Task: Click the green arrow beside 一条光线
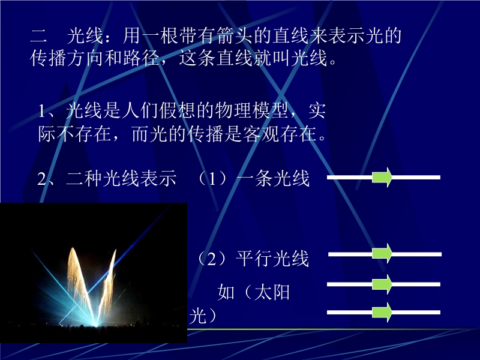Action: click(x=382, y=177)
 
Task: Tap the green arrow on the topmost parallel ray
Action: click(x=382, y=253)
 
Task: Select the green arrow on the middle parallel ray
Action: click(x=382, y=284)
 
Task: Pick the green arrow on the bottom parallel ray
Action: click(x=382, y=312)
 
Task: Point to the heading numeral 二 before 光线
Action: click(x=38, y=36)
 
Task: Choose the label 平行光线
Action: click(x=272, y=259)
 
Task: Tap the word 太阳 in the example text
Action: click(x=272, y=292)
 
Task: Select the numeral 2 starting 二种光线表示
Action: click(x=41, y=179)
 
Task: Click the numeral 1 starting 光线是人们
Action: click(x=42, y=111)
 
